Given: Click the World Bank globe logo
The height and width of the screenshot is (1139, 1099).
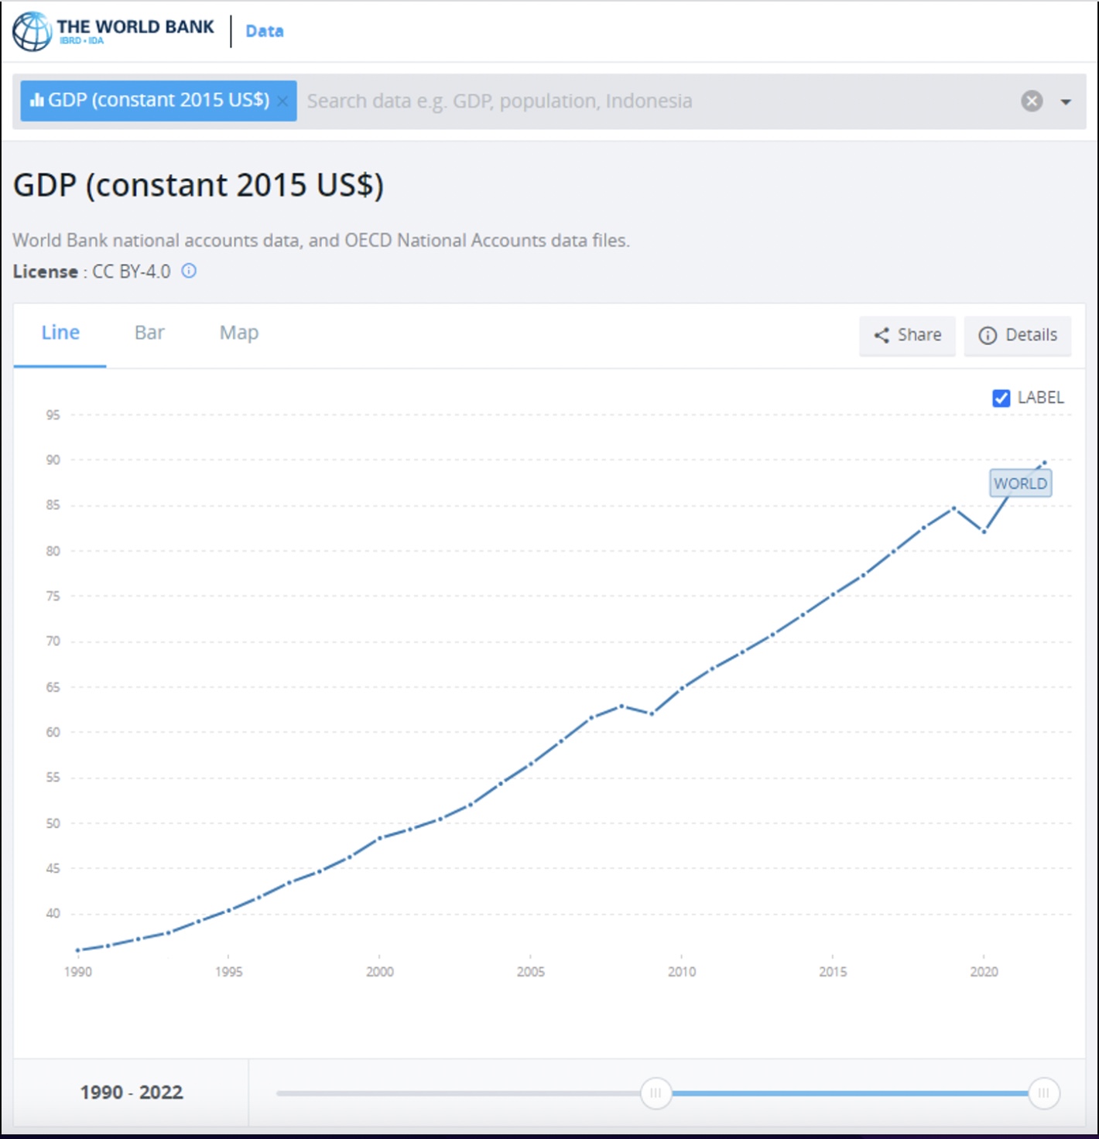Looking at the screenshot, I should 33,31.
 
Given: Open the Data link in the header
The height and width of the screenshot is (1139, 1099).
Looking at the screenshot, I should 264,31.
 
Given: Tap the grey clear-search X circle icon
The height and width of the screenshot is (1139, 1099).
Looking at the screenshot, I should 1032,101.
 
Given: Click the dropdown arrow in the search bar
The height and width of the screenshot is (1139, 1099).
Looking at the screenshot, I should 1066,101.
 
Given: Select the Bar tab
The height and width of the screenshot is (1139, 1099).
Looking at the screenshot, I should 149,333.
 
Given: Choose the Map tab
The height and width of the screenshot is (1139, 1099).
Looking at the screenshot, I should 238,333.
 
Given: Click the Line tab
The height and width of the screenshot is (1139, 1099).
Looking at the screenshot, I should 60,333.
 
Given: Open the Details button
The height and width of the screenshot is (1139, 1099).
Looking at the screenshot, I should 1018,335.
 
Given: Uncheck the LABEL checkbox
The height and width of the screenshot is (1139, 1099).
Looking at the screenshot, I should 1001,398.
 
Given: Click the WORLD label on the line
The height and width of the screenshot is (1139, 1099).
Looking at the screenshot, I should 1020,484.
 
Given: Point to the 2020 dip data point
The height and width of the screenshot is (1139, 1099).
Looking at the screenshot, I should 984,532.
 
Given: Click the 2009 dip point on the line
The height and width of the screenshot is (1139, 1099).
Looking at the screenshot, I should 652,713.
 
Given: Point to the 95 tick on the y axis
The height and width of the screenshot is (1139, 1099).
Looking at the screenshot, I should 53,415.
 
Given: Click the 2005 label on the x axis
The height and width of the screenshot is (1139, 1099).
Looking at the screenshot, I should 531,972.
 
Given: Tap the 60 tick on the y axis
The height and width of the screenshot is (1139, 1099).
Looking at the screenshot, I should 53,732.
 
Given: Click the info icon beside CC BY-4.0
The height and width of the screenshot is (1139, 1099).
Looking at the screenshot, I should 189,271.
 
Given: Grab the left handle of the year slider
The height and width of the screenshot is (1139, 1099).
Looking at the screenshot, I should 656,1093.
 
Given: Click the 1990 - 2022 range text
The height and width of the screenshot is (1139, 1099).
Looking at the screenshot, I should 132,1093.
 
